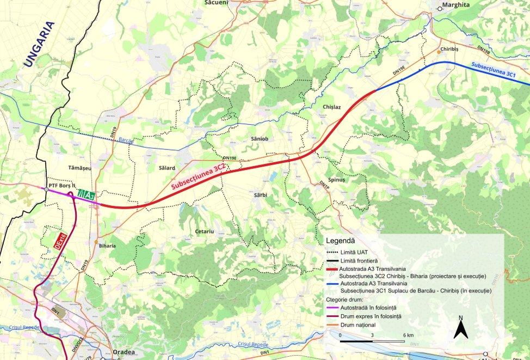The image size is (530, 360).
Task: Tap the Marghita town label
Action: click(x=455, y=5)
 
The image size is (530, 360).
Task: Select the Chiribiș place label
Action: click(x=453, y=50)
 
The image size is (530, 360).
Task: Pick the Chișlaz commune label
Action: click(x=331, y=107)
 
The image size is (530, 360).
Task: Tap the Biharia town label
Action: click(x=107, y=246)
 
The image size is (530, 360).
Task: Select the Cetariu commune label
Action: click(x=205, y=231)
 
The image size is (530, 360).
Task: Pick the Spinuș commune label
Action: click(x=337, y=179)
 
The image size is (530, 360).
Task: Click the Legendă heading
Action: click(x=340, y=240)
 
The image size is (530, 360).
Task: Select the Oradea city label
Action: click(x=124, y=353)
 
